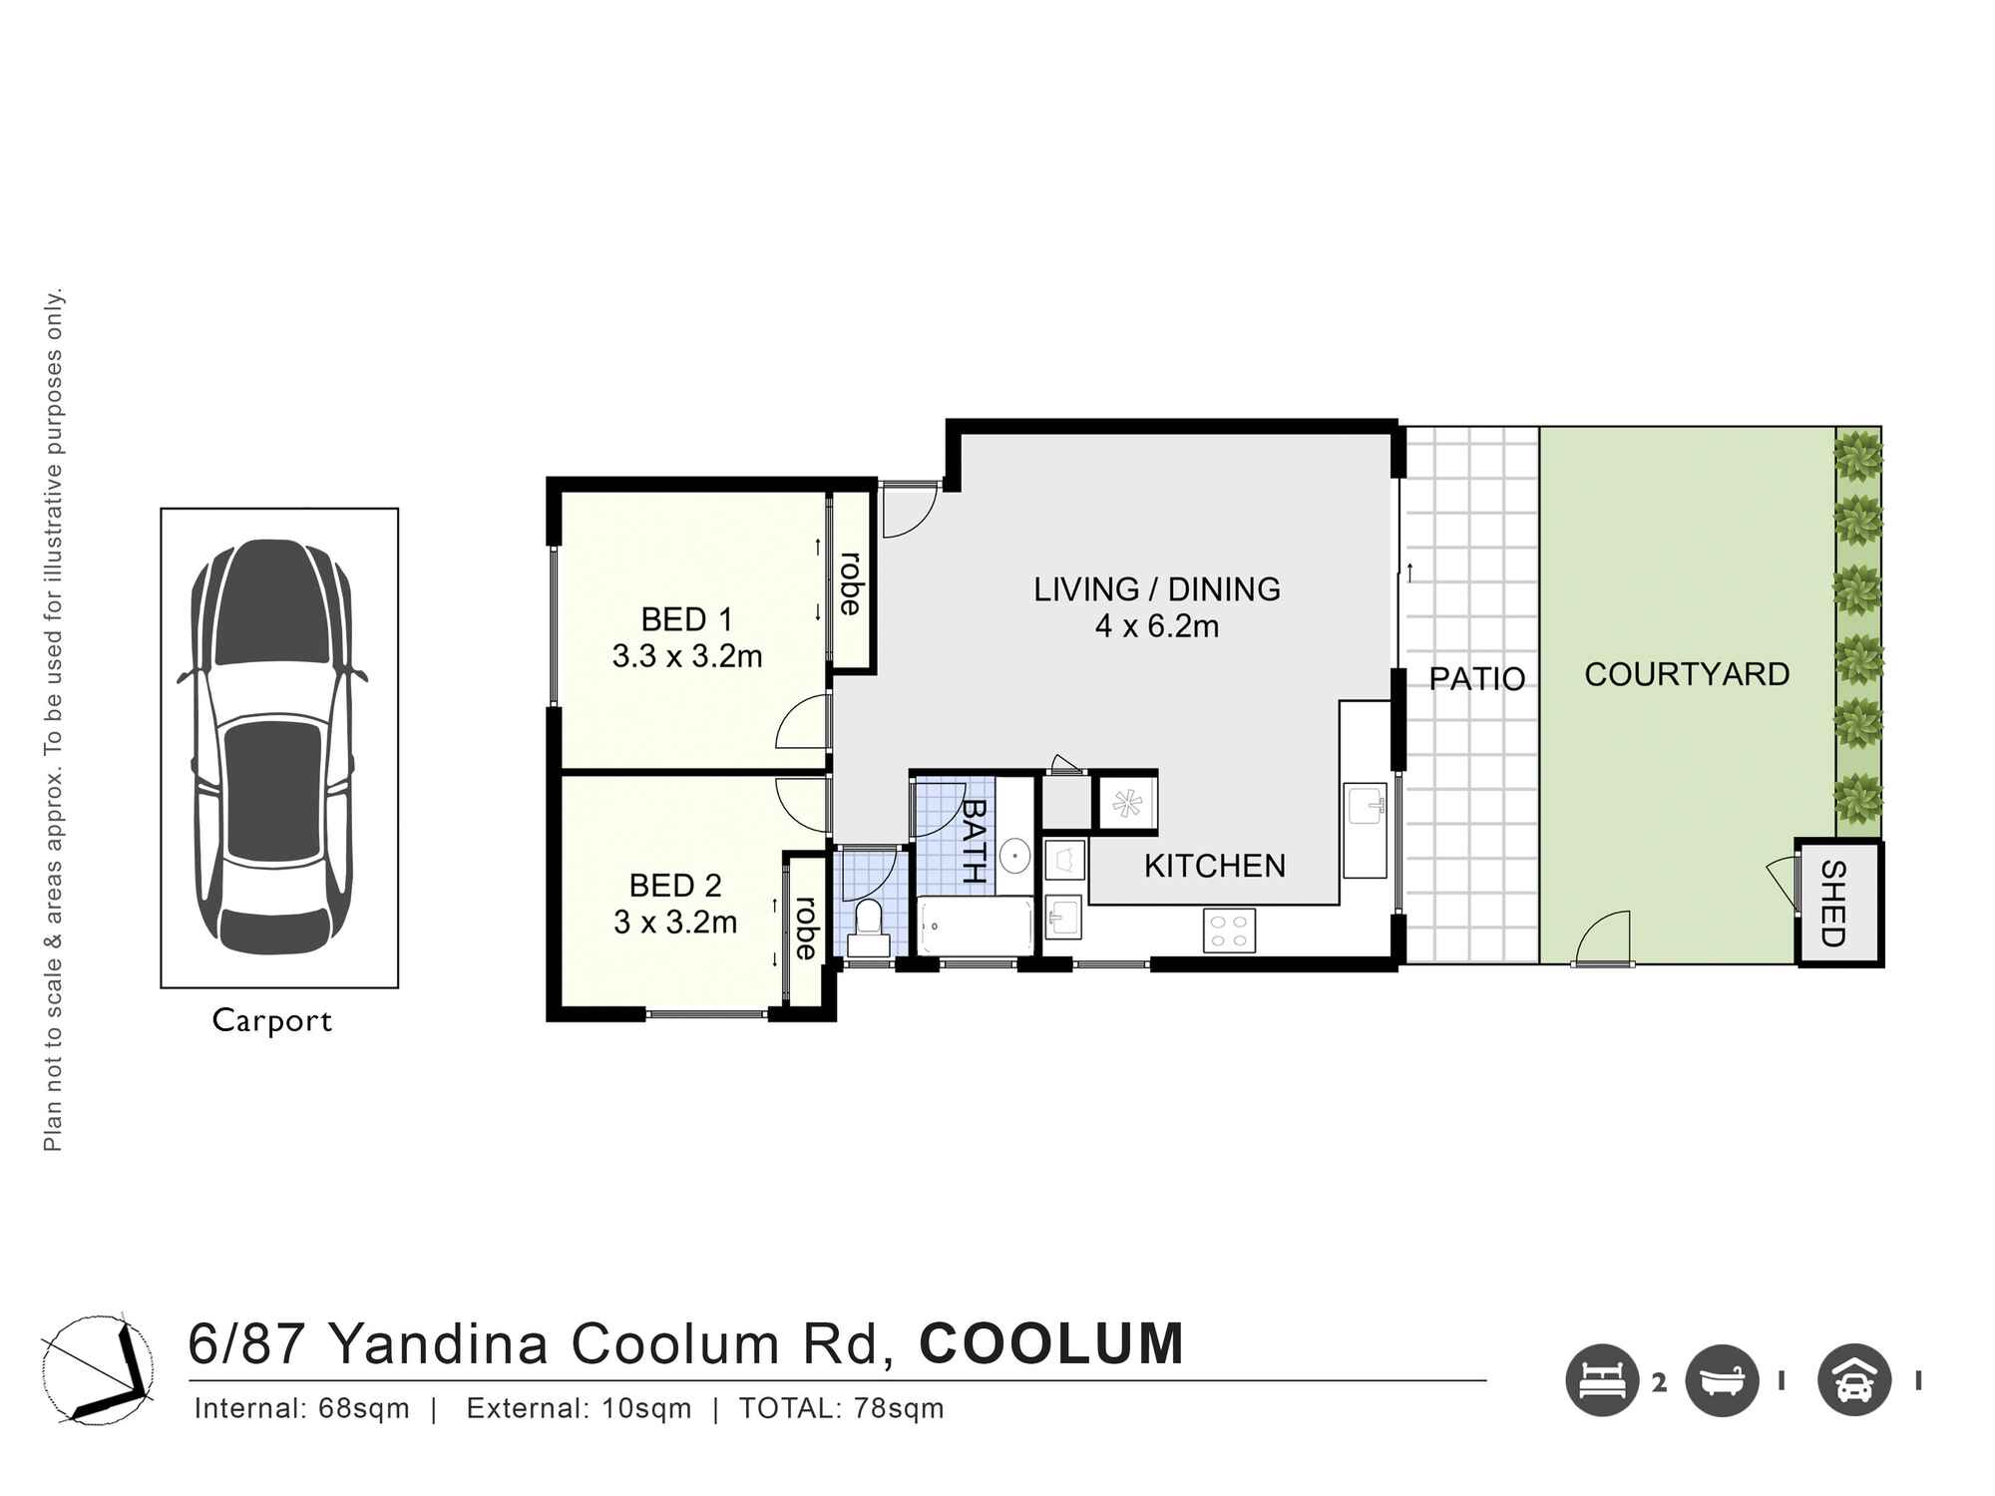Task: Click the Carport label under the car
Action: click(x=271, y=1020)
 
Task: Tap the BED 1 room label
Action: click(x=686, y=619)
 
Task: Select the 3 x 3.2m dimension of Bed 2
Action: click(x=675, y=922)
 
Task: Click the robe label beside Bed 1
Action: click(x=850, y=583)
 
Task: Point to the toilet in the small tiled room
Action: click(x=869, y=928)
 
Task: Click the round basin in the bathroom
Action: click(x=1014, y=855)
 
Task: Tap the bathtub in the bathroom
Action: click(x=976, y=925)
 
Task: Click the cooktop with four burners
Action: click(x=1228, y=930)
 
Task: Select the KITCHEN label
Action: click(x=1214, y=866)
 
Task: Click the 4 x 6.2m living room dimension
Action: click(x=1157, y=626)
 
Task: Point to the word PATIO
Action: click(x=1476, y=678)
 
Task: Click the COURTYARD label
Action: click(x=1686, y=674)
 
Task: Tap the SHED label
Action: click(x=1833, y=904)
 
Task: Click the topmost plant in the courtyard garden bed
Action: click(x=1857, y=456)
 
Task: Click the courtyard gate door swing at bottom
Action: click(x=1602, y=940)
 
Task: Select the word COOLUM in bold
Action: click(x=1050, y=1343)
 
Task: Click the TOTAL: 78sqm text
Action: click(x=841, y=1408)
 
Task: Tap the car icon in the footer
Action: click(x=1853, y=1380)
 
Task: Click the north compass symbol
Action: click(x=98, y=1367)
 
